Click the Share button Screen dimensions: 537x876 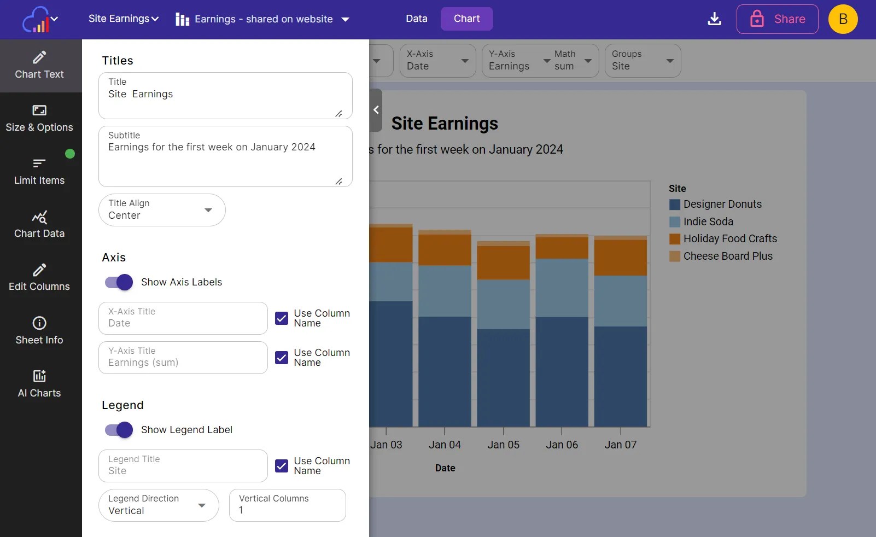click(x=777, y=19)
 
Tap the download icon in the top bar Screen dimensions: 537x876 click(x=714, y=19)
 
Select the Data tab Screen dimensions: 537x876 click(x=416, y=19)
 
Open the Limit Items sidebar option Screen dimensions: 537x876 click(x=39, y=171)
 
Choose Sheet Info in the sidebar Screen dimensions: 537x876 click(x=39, y=330)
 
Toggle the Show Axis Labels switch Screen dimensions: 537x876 click(x=119, y=282)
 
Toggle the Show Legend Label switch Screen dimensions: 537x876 click(x=119, y=430)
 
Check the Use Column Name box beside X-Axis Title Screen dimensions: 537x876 click(x=282, y=318)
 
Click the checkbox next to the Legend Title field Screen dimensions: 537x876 click(x=282, y=466)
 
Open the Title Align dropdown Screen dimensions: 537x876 click(x=162, y=210)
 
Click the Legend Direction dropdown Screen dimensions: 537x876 click(x=159, y=505)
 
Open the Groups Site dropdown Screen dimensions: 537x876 click(x=643, y=61)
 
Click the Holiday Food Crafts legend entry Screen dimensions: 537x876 click(x=729, y=238)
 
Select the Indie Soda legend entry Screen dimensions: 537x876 click(x=708, y=221)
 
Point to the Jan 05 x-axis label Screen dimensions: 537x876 click(x=503, y=445)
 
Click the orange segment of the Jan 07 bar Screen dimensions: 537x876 click(x=620, y=258)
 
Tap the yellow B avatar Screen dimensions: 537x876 click(x=843, y=19)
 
